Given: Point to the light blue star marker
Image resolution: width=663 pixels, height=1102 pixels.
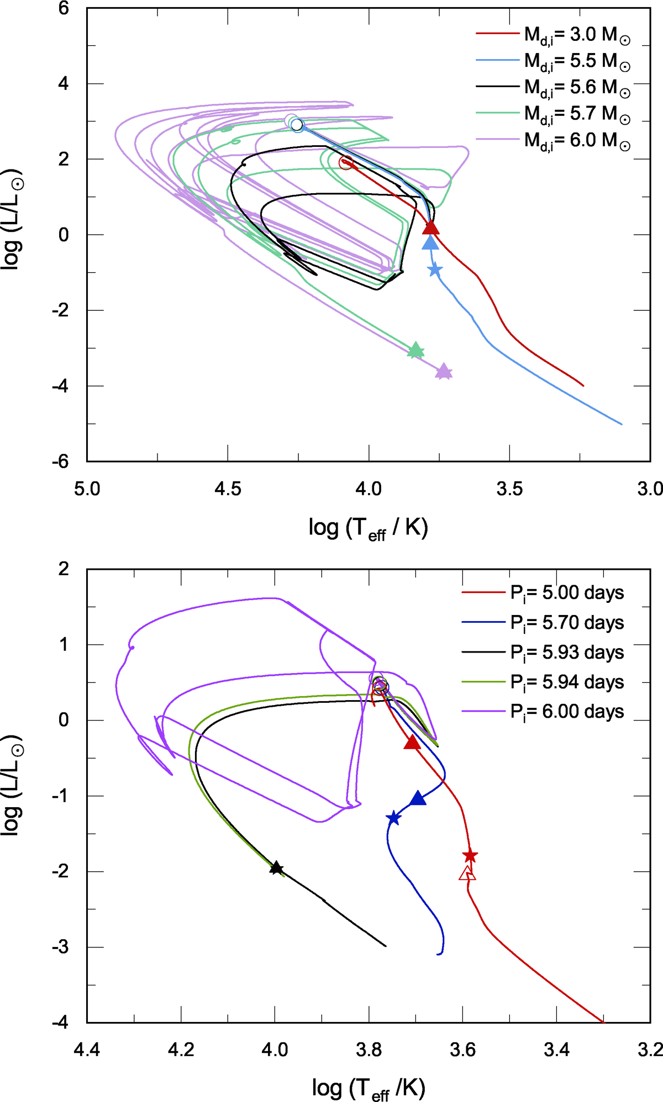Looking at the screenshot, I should tap(435, 269).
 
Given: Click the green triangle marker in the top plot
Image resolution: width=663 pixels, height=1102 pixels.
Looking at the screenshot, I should tap(415, 350).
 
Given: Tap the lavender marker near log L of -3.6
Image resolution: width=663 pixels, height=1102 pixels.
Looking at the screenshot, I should tap(444, 372).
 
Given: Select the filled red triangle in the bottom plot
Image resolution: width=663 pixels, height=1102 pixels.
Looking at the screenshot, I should tap(412, 743).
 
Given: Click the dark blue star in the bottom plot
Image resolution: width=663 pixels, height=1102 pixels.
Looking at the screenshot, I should tap(393, 818).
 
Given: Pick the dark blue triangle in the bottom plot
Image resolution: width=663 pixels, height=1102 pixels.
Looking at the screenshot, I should tap(418, 798).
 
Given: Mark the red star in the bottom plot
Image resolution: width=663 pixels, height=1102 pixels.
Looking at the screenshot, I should tap(470, 856).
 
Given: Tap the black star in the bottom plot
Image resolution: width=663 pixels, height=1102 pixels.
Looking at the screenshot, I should tap(276, 868).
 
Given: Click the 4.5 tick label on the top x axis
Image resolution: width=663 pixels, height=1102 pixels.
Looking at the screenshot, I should tap(228, 489).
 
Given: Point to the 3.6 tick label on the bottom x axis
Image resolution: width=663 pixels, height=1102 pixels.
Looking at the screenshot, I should tap(462, 1049).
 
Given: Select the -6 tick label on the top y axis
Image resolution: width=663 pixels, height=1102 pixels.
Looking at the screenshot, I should tap(61, 462).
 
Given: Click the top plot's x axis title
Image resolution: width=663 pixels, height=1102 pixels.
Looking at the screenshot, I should tap(369, 528).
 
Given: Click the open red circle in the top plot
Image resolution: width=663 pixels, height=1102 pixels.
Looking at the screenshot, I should tap(346, 162).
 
